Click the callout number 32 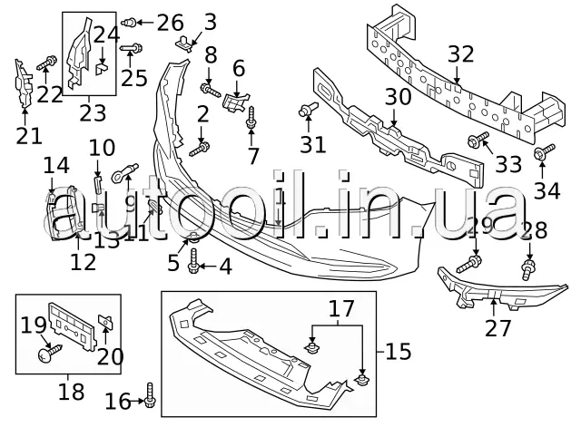[460, 53]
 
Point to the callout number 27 [497, 327]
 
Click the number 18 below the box [70, 392]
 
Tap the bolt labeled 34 [541, 154]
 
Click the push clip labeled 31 [306, 112]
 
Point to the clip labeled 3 [189, 42]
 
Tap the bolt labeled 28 [527, 267]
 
